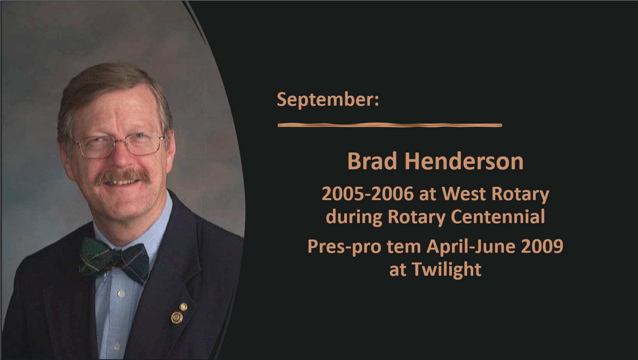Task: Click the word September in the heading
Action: click(x=325, y=99)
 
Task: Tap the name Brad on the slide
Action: click(x=372, y=161)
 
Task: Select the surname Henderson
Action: click(x=464, y=161)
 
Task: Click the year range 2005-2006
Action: click(x=368, y=194)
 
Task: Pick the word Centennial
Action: click(x=498, y=217)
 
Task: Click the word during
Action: click(x=354, y=217)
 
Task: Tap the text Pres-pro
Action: click(x=344, y=247)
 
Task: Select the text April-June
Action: click(x=471, y=247)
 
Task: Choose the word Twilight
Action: click(x=446, y=270)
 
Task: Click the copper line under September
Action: click(x=390, y=125)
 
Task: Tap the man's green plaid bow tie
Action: click(x=114, y=259)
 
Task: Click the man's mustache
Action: click(x=123, y=176)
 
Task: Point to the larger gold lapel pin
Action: click(x=177, y=317)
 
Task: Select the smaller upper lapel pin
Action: click(x=183, y=307)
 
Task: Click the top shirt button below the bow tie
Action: click(x=121, y=294)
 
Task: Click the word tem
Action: click(x=403, y=247)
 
